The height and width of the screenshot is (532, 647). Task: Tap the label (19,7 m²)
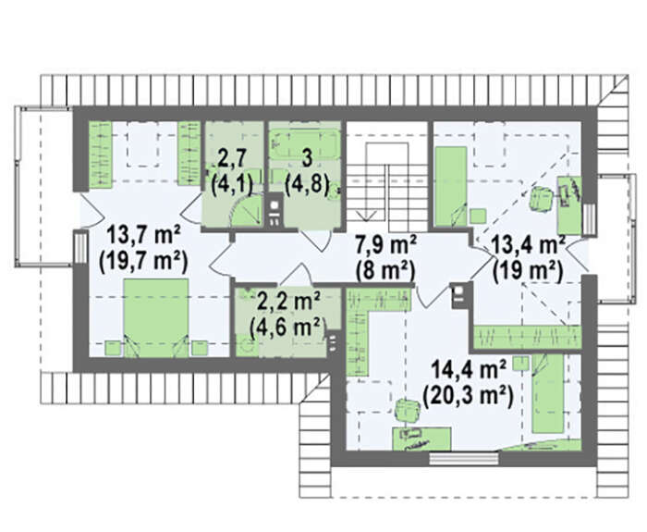pyautogui.click(x=143, y=262)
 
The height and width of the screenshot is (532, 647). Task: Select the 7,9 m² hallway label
pyautogui.click(x=385, y=245)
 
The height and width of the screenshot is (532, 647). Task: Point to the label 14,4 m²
pyautogui.click(x=469, y=370)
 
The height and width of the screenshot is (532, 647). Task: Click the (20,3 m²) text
pyautogui.click(x=468, y=396)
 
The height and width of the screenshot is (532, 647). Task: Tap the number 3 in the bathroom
pyautogui.click(x=307, y=159)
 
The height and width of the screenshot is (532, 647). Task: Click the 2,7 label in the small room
pyautogui.click(x=232, y=159)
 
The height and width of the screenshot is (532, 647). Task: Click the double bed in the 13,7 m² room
pyautogui.click(x=156, y=317)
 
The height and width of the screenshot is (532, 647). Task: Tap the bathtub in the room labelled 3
pyautogui.click(x=305, y=143)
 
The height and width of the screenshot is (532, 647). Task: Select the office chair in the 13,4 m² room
pyautogui.click(x=542, y=198)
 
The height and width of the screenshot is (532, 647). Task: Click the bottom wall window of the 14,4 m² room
pyautogui.click(x=464, y=459)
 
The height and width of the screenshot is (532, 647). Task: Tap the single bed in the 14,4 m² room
pyautogui.click(x=547, y=393)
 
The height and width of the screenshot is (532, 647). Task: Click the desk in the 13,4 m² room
pyautogui.click(x=570, y=205)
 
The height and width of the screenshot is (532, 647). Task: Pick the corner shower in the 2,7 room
pyautogui.click(x=246, y=210)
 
